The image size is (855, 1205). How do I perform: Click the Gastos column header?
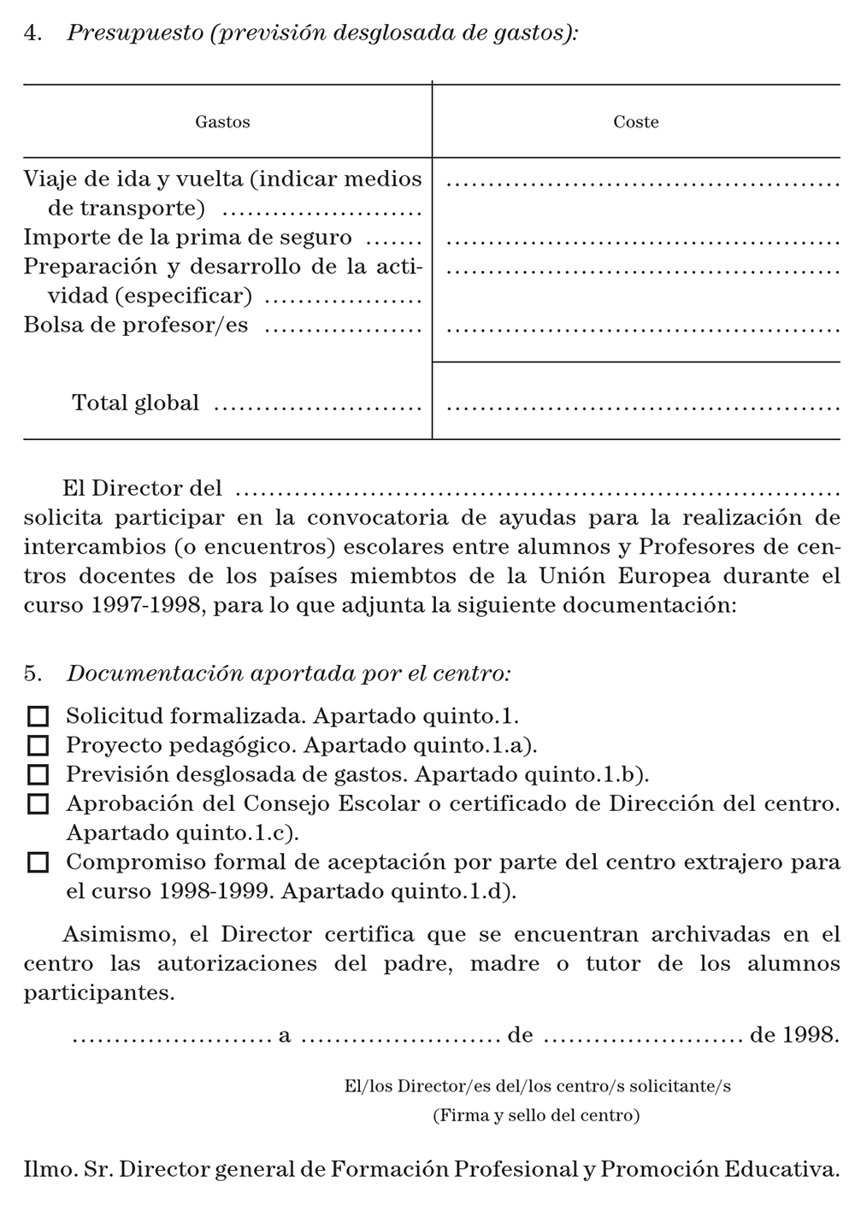coord(222,122)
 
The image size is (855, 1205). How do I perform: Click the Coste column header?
coord(636,122)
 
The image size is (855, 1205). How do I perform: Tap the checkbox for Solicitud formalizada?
coord(38,716)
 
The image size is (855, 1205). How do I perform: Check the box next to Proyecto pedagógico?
coord(38,745)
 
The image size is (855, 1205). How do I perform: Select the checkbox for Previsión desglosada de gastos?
coord(38,774)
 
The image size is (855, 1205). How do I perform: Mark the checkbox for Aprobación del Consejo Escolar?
coord(38,804)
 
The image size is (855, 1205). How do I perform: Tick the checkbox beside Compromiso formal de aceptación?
coord(38,862)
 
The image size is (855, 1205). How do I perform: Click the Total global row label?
coord(135,403)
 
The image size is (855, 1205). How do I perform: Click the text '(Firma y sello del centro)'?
coord(536,1115)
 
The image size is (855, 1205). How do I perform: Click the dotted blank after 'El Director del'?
coord(537,492)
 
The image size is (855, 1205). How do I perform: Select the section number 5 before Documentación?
coord(32,673)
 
